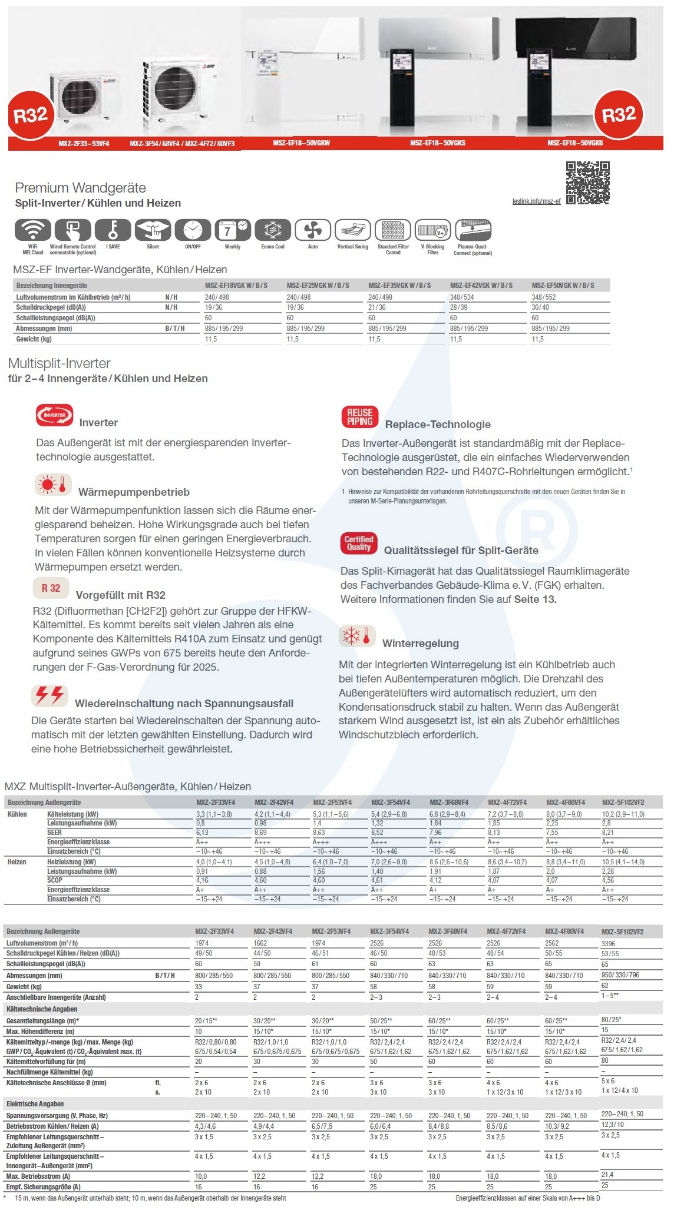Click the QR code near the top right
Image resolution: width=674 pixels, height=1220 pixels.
(587, 183)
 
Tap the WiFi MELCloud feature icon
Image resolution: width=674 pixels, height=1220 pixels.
(33, 230)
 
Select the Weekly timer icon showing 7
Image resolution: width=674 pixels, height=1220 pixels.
(232, 230)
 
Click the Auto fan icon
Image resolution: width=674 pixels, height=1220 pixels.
(312, 230)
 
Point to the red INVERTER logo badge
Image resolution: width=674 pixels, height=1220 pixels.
(54, 415)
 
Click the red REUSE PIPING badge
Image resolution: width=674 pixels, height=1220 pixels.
(359, 417)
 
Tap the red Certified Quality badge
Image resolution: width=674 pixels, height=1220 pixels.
(358, 543)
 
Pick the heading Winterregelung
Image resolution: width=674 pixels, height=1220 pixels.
(420, 644)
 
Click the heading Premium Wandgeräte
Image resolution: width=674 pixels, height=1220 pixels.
(80, 188)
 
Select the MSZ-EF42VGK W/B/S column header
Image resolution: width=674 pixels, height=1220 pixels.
(481, 286)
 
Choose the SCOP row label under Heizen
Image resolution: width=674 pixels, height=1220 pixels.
(55, 880)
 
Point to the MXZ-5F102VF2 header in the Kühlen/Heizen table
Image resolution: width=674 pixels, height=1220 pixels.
(623, 803)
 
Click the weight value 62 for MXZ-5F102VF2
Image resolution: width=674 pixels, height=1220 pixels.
(604, 985)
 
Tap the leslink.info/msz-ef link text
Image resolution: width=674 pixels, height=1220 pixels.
(536, 201)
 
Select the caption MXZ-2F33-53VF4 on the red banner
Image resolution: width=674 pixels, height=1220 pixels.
(84, 144)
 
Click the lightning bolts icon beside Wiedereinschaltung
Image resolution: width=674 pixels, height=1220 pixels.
(50, 696)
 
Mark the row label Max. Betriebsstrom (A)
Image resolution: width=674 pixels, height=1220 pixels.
(38, 1176)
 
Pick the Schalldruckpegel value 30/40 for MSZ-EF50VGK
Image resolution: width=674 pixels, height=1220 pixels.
(540, 307)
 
